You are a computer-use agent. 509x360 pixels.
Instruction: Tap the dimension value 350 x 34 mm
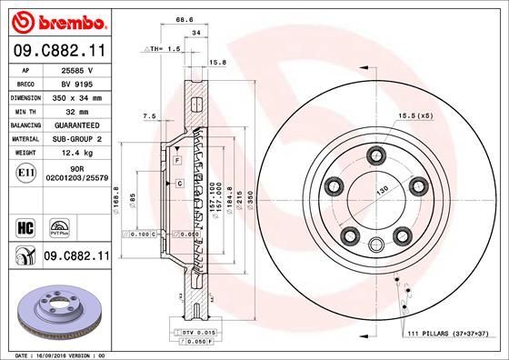(x=76, y=96)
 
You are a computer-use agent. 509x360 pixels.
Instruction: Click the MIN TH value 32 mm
(x=76, y=110)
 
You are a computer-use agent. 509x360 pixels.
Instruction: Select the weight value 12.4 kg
(x=76, y=153)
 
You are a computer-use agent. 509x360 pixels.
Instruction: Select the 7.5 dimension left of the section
(x=151, y=116)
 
